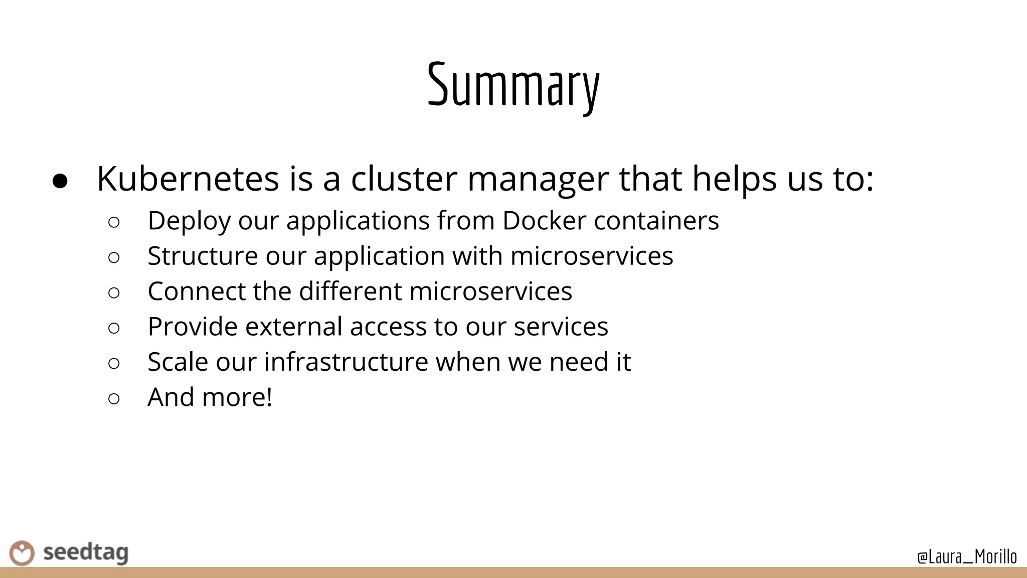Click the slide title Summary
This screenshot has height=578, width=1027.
pyautogui.click(x=513, y=85)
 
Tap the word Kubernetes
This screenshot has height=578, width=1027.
pyautogui.click(x=188, y=179)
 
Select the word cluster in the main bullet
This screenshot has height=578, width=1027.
pyautogui.click(x=404, y=179)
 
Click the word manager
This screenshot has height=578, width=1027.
pyautogui.click(x=538, y=180)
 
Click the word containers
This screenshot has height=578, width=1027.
pyautogui.click(x=656, y=220)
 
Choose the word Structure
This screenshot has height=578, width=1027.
pyautogui.click(x=203, y=256)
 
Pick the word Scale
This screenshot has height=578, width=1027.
pyautogui.click(x=178, y=362)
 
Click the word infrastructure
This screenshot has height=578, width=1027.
pyautogui.click(x=346, y=362)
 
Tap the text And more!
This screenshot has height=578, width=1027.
pyautogui.click(x=210, y=397)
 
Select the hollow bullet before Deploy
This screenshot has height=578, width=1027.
pyautogui.click(x=114, y=222)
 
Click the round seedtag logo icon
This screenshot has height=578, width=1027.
pyautogui.click(x=22, y=553)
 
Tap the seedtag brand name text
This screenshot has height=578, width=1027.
pyautogui.click(x=86, y=553)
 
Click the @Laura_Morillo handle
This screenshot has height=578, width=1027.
pyautogui.click(x=967, y=557)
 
